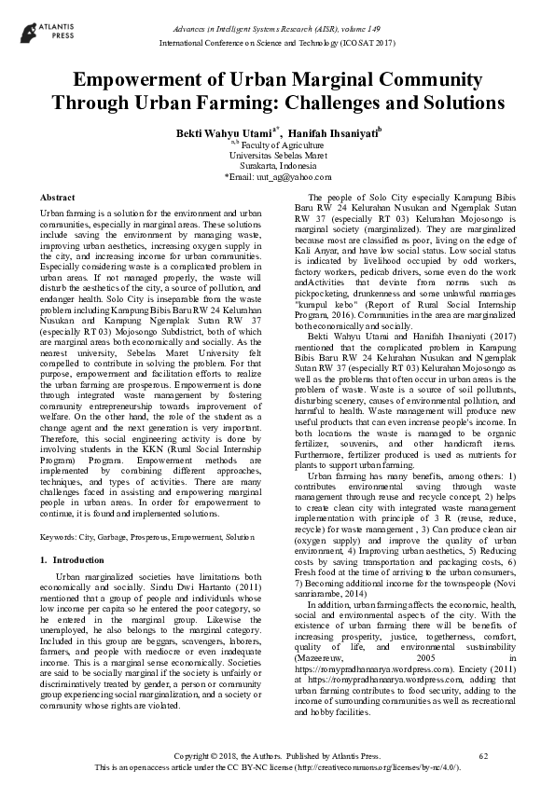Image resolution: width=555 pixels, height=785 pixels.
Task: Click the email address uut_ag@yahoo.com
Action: pyautogui.click(x=278, y=175)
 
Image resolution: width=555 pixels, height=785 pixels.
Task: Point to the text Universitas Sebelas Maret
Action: pyautogui.click(x=278, y=156)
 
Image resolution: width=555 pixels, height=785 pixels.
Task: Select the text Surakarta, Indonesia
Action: pyautogui.click(x=278, y=165)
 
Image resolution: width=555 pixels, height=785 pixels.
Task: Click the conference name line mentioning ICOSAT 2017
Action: pyautogui.click(x=277, y=43)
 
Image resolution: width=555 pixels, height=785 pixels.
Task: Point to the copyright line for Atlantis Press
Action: pyautogui.click(x=277, y=755)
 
